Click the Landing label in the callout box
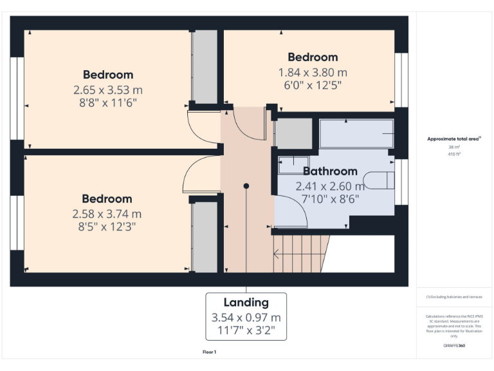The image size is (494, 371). (x=246, y=302)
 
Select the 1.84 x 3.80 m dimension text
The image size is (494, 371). (x=313, y=72)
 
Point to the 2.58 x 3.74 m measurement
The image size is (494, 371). (x=107, y=213)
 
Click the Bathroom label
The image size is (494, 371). (x=330, y=171)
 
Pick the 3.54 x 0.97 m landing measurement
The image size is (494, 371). (x=246, y=318)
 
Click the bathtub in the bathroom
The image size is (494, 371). (x=356, y=133)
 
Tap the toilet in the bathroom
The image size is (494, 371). (x=379, y=180)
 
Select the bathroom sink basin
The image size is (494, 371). (x=294, y=165)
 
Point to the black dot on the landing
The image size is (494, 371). (x=246, y=186)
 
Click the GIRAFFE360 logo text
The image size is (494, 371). (x=454, y=346)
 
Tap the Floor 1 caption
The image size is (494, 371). (x=209, y=352)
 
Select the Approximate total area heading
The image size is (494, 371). (x=453, y=139)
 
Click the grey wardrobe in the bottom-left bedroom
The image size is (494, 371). (x=205, y=237)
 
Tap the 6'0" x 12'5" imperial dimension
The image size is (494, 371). (x=313, y=84)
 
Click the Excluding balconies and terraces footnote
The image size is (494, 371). (x=454, y=297)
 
